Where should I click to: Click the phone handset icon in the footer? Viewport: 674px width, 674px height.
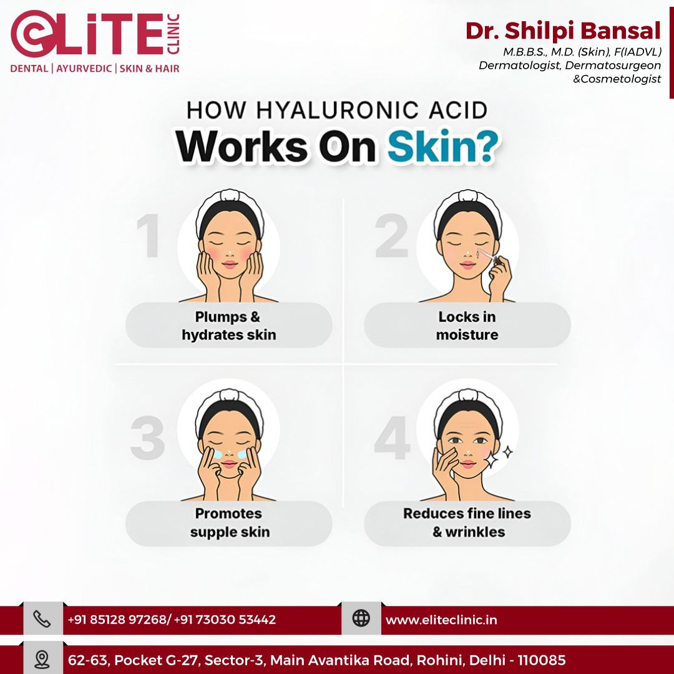pyautogui.click(x=42, y=619)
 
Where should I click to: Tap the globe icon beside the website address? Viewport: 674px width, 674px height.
pyautogui.click(x=361, y=618)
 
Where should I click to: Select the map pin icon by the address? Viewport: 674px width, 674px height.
pyautogui.click(x=42, y=660)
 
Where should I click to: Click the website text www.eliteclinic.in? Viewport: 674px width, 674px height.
pyautogui.click(x=441, y=620)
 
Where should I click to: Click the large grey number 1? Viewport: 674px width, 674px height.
pyautogui.click(x=149, y=236)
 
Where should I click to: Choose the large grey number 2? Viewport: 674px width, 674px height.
pyautogui.click(x=391, y=235)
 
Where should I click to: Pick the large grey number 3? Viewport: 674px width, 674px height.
pyautogui.click(x=148, y=438)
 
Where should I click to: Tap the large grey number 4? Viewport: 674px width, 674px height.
pyautogui.click(x=392, y=437)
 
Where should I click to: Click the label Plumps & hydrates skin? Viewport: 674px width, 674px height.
pyautogui.click(x=228, y=325)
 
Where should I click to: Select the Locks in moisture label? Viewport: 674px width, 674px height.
pyautogui.click(x=467, y=325)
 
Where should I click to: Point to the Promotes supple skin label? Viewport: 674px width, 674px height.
pyautogui.click(x=230, y=522)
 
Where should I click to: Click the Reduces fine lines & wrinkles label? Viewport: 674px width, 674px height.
pyautogui.click(x=467, y=522)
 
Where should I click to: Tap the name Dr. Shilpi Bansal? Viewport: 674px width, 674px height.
pyautogui.click(x=563, y=31)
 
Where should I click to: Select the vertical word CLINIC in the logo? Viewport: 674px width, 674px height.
pyautogui.click(x=173, y=34)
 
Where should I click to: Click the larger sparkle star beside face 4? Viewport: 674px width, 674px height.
pyautogui.click(x=491, y=459)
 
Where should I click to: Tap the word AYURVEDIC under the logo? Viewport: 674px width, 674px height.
pyautogui.click(x=84, y=69)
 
